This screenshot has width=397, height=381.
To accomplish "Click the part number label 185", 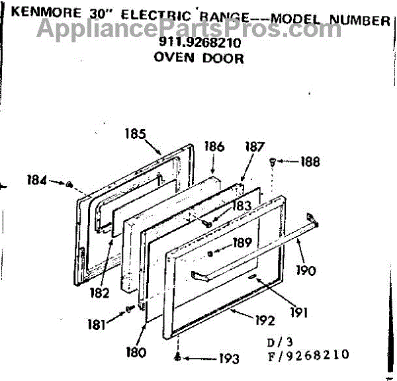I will click(134, 132).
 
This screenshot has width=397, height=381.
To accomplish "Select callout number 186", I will click(214, 147).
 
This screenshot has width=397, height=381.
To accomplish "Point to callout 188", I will click(309, 161).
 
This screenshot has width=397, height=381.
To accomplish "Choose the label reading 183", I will click(241, 206).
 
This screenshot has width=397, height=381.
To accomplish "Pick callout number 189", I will click(242, 243).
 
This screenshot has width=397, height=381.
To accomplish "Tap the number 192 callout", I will click(265, 321).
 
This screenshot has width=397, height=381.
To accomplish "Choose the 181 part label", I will click(96, 324).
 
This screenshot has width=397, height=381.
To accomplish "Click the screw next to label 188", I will click(273, 161).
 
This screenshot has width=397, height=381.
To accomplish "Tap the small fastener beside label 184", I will click(69, 183).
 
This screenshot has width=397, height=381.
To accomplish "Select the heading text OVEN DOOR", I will click(198, 58).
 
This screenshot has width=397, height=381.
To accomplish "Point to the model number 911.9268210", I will click(199, 44).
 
